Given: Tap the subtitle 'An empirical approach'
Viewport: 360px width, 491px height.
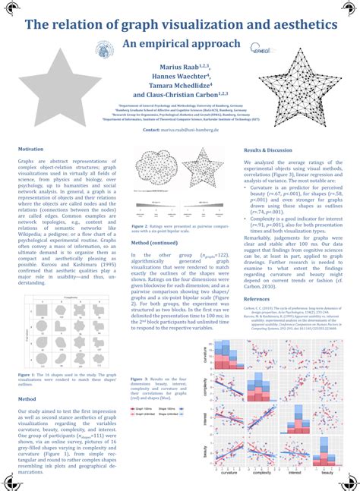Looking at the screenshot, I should (x=180, y=44).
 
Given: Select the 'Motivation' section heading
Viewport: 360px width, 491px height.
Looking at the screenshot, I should (x=31, y=150).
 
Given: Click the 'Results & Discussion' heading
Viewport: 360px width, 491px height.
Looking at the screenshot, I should (x=268, y=150).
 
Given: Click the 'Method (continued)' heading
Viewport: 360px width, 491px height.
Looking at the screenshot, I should (x=155, y=243).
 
